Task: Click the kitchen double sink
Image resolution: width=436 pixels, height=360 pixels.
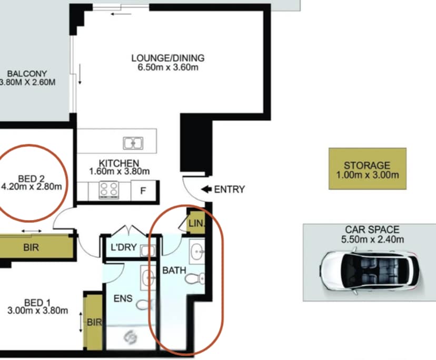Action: (133, 143)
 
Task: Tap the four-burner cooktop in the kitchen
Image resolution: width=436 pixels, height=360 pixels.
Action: (109, 190)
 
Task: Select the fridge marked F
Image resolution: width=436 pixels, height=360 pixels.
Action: (143, 191)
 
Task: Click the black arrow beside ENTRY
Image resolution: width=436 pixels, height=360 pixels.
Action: (206, 189)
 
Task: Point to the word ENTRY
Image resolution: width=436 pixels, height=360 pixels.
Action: (230, 189)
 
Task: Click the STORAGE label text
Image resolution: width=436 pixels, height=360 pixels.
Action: (367, 165)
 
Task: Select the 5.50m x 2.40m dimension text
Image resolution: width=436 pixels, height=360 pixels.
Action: (373, 239)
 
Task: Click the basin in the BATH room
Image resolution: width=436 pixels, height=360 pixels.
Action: (197, 251)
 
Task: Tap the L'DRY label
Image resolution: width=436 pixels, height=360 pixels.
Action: (124, 247)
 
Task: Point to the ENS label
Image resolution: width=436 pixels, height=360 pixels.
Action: (123, 298)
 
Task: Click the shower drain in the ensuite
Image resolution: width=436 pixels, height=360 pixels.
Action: (131, 337)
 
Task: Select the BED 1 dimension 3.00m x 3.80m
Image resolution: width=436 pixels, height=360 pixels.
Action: (38, 311)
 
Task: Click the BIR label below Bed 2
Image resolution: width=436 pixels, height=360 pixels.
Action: (31, 247)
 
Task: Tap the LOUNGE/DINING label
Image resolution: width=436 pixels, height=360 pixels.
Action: (168, 58)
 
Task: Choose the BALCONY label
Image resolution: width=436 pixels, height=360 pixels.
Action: (27, 74)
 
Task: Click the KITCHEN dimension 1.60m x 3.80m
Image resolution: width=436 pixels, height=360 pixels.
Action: (120, 171)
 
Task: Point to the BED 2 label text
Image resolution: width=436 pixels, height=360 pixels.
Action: (31, 178)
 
